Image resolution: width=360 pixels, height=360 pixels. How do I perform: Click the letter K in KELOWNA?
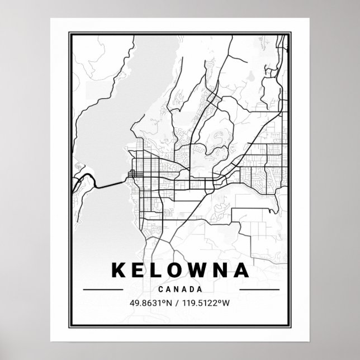click(x=120, y=271)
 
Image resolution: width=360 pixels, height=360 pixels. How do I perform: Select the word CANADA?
click(x=180, y=290)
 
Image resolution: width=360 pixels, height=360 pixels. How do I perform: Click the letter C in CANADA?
click(x=161, y=290)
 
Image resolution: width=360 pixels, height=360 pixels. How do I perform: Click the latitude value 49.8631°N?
click(x=150, y=304)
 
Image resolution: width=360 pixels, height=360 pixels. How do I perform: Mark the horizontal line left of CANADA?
click(x=102, y=290)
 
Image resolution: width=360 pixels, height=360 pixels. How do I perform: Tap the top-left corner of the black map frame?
click(x=70, y=33)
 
